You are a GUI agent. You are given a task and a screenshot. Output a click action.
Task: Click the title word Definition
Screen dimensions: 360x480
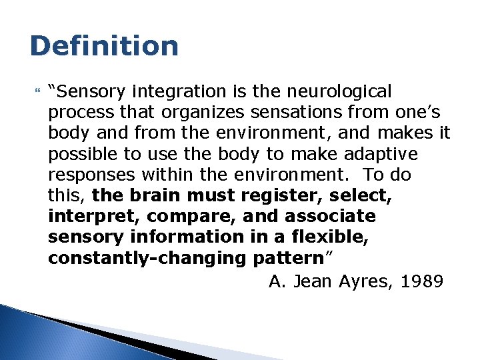105,46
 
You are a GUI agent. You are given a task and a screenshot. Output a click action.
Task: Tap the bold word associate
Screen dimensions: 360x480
330,217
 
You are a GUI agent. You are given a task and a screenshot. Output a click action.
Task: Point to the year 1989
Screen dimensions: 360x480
423,282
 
